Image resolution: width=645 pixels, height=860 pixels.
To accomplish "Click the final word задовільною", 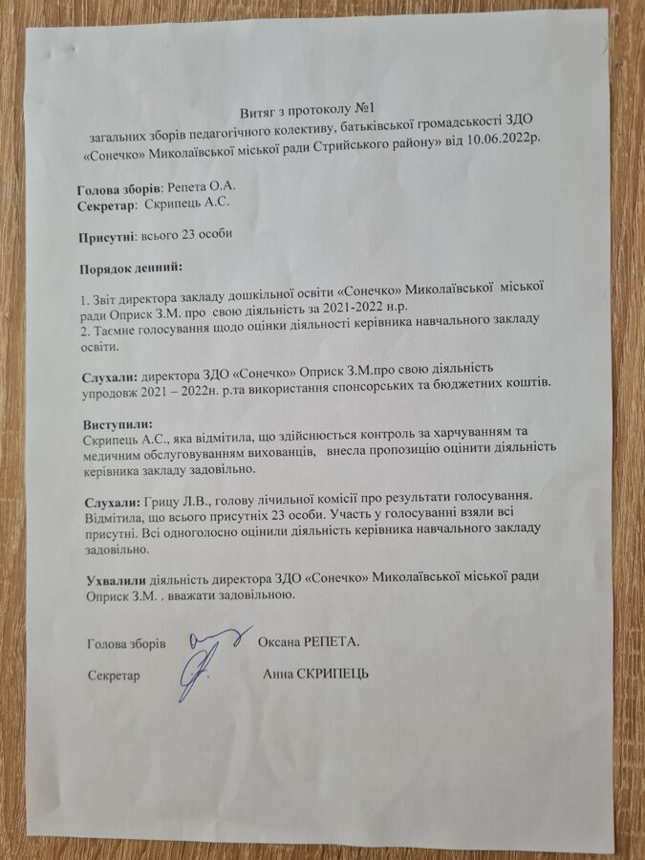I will coord(258,593).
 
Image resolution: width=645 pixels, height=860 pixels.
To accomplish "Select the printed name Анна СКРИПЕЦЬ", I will coord(316,675).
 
